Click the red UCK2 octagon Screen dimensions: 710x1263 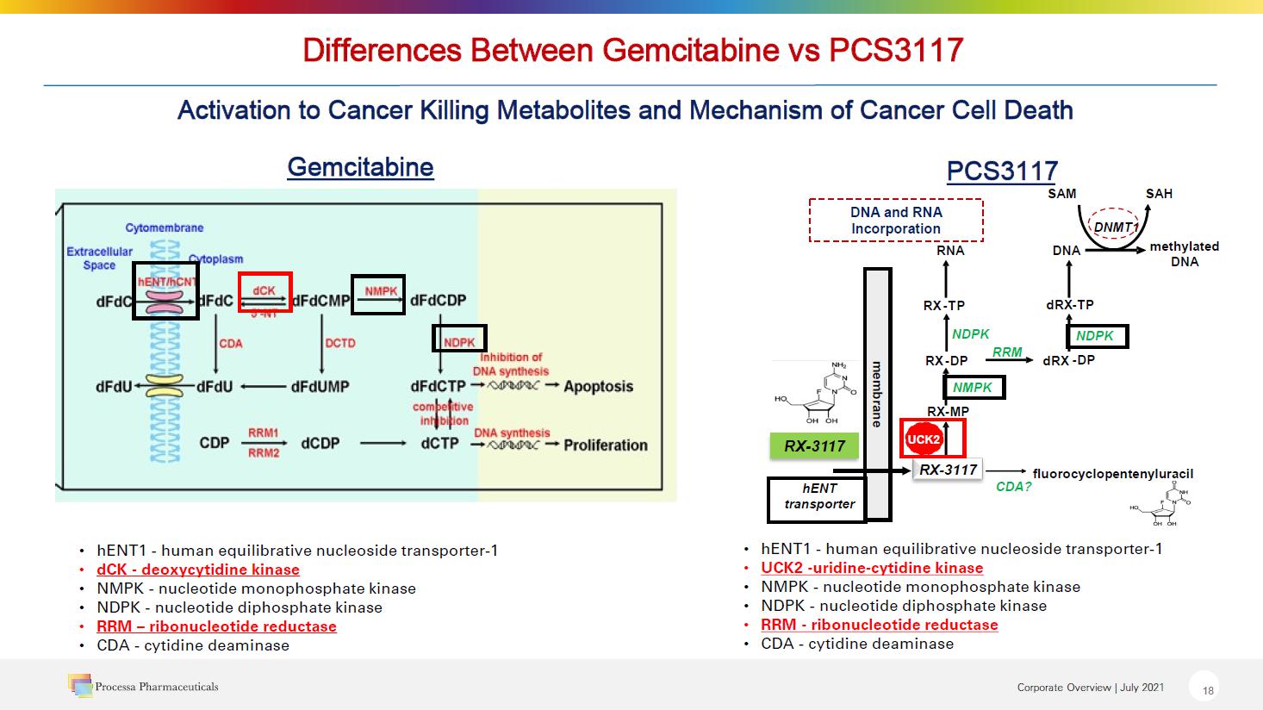[x=922, y=439]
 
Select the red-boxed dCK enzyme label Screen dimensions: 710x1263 [x=264, y=291]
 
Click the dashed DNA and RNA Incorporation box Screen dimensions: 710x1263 [x=896, y=221]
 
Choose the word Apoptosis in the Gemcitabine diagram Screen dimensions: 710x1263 [x=598, y=386]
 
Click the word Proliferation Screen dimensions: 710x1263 [x=605, y=445]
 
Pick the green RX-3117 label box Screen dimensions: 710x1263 [x=814, y=445]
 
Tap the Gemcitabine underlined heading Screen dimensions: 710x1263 [x=360, y=166]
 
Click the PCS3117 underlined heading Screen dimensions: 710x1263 [x=1001, y=171]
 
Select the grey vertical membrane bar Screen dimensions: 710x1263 [x=877, y=394]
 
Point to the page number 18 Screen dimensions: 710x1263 [x=1208, y=690]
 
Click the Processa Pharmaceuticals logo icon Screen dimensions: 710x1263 [x=80, y=685]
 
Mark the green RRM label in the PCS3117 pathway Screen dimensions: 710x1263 [x=1006, y=352]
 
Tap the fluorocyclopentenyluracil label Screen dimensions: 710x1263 [x=1112, y=473]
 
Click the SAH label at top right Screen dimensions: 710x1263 [x=1159, y=193]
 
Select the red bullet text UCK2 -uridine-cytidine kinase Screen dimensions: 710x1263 [x=872, y=568]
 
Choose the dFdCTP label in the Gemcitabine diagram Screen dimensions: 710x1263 [x=438, y=386]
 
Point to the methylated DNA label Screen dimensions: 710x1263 [x=1184, y=253]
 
